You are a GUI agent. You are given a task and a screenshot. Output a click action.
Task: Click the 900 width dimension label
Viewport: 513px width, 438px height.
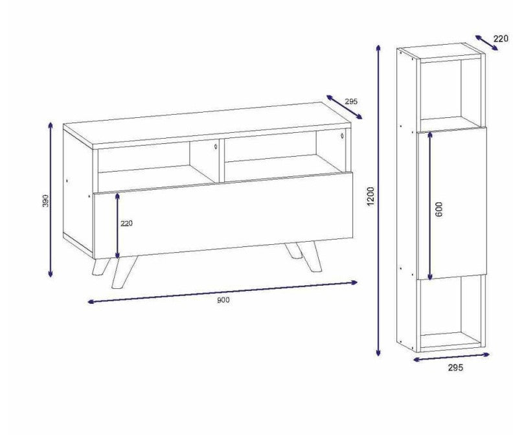(x=223, y=299)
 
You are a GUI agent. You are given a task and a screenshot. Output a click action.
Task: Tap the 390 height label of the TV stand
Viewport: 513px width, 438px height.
(x=45, y=201)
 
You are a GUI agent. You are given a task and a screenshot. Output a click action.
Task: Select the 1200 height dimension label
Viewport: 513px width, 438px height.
(x=370, y=196)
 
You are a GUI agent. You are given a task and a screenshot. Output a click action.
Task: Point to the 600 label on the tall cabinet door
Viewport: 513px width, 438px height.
(x=439, y=209)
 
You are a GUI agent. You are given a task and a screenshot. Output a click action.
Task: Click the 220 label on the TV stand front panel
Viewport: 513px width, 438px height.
(x=126, y=224)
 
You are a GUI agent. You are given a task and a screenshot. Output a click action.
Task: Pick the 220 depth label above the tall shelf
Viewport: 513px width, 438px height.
(x=501, y=39)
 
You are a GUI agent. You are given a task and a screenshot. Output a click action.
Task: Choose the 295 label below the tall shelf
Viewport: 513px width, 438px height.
(x=455, y=367)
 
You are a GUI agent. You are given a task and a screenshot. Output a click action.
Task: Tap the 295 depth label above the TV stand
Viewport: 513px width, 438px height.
(x=351, y=102)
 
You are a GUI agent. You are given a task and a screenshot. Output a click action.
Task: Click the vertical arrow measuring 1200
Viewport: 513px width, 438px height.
(x=378, y=200)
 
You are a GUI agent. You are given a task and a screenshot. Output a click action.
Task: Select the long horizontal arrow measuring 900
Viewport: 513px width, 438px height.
(x=223, y=292)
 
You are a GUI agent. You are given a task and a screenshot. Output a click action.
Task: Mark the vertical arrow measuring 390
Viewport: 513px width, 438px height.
(x=51, y=200)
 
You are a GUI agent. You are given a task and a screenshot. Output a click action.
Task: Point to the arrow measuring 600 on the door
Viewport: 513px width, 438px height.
(x=430, y=206)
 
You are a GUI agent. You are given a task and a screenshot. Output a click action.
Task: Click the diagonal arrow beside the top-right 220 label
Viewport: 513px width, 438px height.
(x=486, y=43)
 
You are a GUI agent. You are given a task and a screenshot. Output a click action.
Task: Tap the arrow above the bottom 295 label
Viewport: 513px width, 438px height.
(x=451, y=357)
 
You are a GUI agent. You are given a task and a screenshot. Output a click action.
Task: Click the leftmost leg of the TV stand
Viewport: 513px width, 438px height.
(x=100, y=266)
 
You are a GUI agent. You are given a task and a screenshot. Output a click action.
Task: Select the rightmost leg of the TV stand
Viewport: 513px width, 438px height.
(x=312, y=257)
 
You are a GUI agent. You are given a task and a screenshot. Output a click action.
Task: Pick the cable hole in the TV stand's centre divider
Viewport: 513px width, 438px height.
(x=216, y=146)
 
